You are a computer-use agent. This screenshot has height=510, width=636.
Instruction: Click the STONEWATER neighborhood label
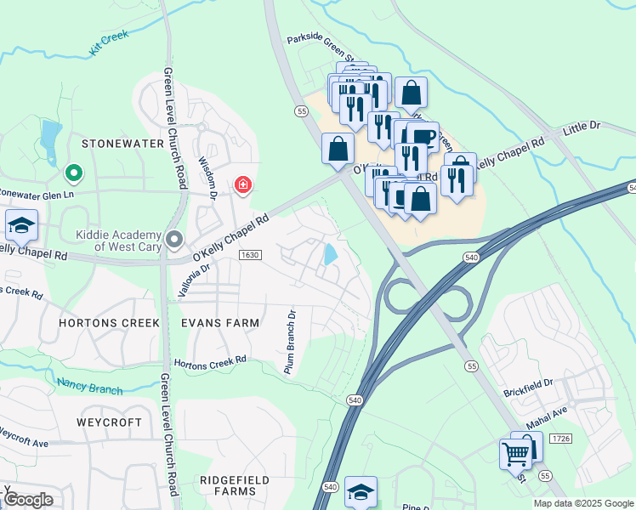(x=122, y=144)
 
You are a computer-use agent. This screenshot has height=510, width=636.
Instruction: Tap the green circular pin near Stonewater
(x=74, y=173)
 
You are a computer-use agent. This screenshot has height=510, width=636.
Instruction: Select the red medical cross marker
(x=242, y=184)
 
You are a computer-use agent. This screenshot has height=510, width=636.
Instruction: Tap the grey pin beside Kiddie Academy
(x=174, y=239)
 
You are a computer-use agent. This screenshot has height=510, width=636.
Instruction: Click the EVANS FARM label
(x=219, y=323)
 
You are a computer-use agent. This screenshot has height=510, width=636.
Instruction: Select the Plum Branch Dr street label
(x=289, y=340)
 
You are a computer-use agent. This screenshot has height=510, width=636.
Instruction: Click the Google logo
(x=28, y=500)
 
